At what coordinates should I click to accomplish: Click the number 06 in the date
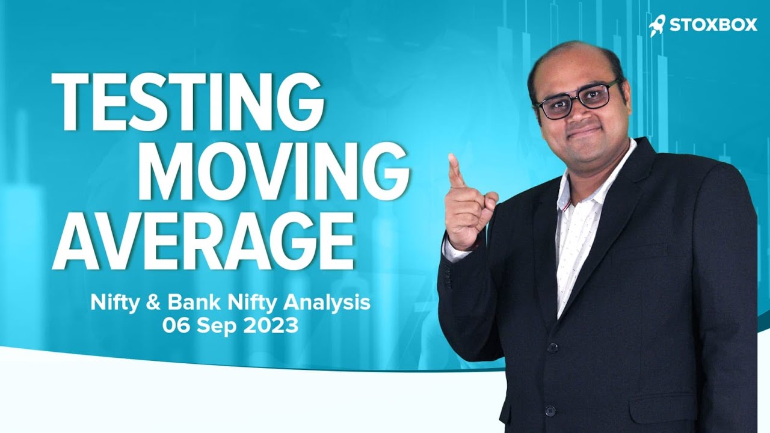176,325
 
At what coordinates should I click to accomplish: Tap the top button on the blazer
552,347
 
